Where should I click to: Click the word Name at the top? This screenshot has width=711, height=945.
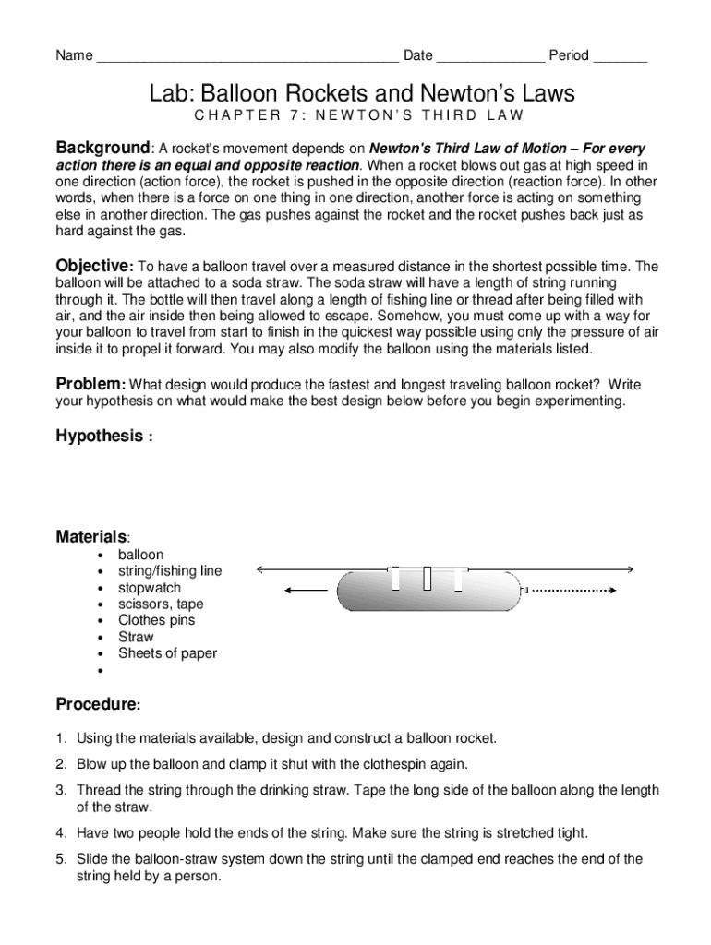point(74,55)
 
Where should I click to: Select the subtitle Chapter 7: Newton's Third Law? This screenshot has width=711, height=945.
point(359,115)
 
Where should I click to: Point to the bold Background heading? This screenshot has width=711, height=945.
point(102,148)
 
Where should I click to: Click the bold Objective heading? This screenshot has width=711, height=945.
point(94,266)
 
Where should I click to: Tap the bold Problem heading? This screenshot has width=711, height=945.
point(90,384)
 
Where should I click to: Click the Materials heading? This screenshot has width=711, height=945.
point(91,536)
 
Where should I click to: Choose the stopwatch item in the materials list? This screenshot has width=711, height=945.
point(149,588)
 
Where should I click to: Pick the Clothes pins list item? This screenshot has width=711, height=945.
point(156,620)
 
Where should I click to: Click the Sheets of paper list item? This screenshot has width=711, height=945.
point(167,653)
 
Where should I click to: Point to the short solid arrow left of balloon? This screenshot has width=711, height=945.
point(307,590)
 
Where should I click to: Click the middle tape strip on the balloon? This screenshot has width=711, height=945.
point(428,578)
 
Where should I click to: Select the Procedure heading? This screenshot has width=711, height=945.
point(97,704)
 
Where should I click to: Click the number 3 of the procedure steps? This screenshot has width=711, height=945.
point(60,790)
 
